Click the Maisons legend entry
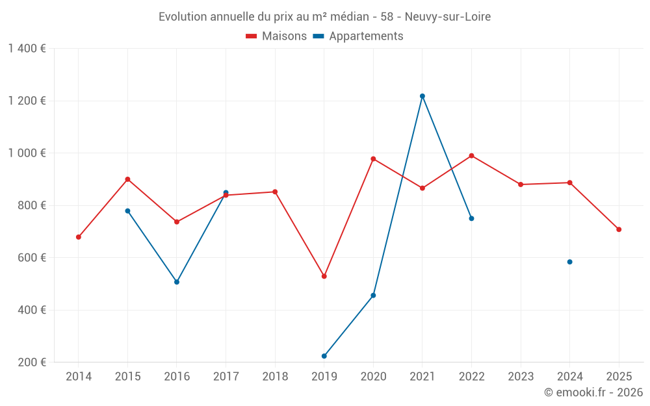(276, 36)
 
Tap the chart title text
(324, 17)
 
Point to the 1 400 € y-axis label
(27, 49)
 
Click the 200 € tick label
(31, 362)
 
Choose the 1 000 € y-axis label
(27, 153)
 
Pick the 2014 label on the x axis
(79, 376)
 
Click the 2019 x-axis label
(324, 376)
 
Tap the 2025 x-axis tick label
(619, 376)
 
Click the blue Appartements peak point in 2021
(422, 96)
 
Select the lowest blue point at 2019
(324, 356)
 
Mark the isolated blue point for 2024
(570, 262)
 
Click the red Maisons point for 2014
(79, 237)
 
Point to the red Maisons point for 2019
(324, 276)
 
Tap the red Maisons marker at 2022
(471, 156)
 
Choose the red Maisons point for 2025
(619, 229)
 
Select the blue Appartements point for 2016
(177, 282)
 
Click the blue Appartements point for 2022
(471, 218)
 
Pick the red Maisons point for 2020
(373, 159)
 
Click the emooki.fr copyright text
(593, 392)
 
